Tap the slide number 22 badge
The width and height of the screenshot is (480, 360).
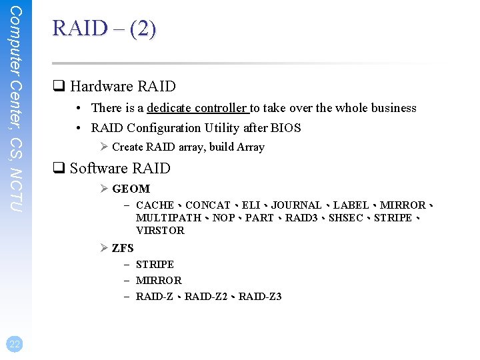(15, 343)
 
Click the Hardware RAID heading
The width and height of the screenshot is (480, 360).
(123, 86)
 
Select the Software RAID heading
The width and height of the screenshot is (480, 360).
(120, 168)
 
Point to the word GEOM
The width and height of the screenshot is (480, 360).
(131, 189)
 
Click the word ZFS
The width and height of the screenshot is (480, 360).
(123, 248)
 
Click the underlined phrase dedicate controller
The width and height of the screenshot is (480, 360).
(197, 108)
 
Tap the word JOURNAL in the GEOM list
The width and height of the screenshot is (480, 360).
(296, 205)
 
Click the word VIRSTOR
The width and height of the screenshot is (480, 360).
(160, 231)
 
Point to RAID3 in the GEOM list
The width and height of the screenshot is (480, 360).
(301, 218)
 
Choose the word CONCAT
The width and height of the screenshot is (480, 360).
(207, 205)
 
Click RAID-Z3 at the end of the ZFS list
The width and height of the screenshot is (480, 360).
(260, 297)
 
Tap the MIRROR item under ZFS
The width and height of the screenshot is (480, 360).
(159, 281)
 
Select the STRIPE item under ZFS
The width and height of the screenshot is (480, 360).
(155, 265)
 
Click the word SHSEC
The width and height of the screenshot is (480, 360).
(345, 218)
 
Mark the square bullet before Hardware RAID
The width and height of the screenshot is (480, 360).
(58, 87)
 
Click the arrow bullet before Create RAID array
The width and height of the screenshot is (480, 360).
(105, 147)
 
